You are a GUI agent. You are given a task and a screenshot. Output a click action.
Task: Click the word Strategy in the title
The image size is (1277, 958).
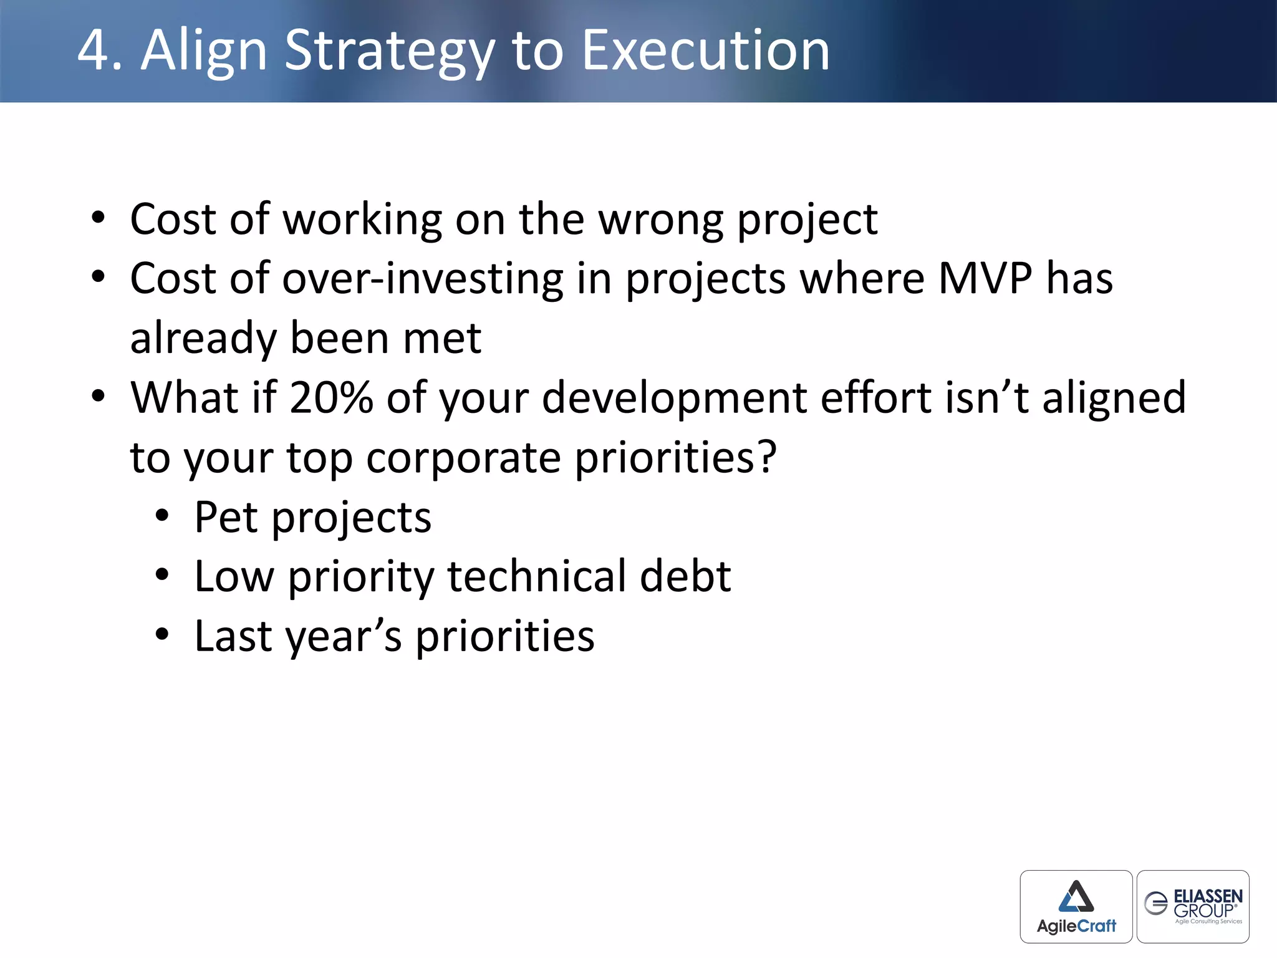click(x=389, y=52)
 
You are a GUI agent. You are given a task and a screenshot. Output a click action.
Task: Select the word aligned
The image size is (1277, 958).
click(x=1114, y=399)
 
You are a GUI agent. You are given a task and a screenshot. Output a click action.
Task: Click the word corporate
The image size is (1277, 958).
click(x=463, y=458)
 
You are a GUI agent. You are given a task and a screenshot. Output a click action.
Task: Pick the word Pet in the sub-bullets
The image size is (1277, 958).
click(x=226, y=518)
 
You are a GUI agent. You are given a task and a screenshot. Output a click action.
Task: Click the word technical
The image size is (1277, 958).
click(x=536, y=576)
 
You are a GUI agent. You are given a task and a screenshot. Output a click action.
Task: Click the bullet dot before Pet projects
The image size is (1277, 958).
click(x=162, y=516)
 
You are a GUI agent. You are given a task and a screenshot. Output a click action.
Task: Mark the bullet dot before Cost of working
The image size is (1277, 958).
click(x=98, y=218)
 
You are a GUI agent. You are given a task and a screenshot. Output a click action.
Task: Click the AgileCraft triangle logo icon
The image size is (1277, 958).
click(x=1076, y=897)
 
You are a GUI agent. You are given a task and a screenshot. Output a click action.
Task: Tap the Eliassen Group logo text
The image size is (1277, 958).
click(x=1207, y=903)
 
